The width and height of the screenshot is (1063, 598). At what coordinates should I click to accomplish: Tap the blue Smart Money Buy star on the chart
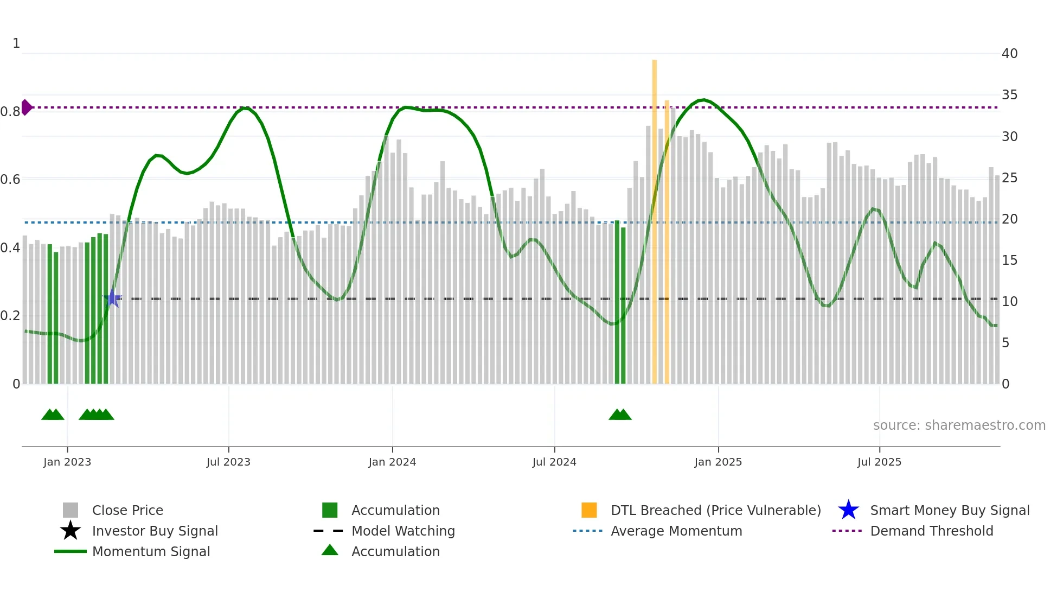click(112, 298)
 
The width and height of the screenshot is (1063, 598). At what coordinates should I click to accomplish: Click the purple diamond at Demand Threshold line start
click(26, 107)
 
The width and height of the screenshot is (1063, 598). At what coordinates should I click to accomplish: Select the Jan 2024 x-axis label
click(392, 462)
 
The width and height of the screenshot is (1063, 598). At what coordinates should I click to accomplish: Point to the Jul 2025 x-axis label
click(879, 462)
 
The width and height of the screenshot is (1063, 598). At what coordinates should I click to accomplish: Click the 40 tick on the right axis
click(1009, 54)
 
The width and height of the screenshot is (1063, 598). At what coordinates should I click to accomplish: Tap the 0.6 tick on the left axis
click(10, 179)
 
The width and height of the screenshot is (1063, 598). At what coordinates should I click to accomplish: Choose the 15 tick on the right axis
click(1009, 260)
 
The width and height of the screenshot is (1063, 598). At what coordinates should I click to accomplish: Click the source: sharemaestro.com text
click(959, 425)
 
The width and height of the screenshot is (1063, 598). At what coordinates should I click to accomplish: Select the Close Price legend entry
click(127, 510)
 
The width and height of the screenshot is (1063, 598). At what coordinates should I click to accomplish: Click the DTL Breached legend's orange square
click(589, 510)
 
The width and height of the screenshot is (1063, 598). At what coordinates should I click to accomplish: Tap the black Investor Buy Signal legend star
click(71, 531)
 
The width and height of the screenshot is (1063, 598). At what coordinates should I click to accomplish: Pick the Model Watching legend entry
click(402, 531)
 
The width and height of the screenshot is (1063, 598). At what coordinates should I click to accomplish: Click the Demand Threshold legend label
click(931, 531)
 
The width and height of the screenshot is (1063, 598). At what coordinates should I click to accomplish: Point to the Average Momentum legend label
click(676, 531)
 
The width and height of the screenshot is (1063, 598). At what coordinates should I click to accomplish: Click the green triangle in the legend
click(330, 550)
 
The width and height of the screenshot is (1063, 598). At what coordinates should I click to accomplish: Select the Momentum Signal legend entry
click(151, 551)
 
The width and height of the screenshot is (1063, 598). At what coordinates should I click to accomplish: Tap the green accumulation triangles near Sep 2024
click(620, 415)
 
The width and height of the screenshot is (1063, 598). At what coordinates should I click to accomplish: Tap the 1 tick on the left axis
click(16, 43)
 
